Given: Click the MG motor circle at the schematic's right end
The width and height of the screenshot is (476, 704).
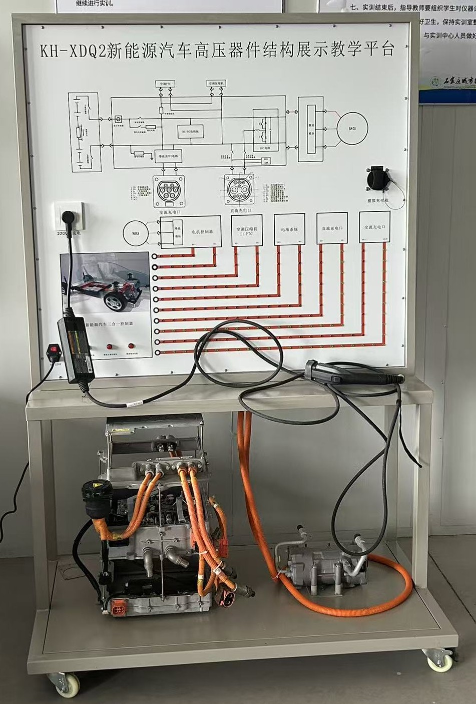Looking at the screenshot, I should (352, 129).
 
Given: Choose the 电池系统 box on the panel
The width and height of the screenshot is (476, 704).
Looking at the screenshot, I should (289, 229).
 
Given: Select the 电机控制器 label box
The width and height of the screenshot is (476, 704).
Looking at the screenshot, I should (202, 232).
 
